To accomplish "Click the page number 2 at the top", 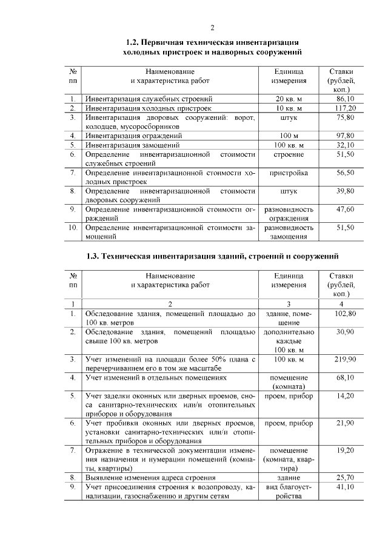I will pyautogui.click(x=212, y=27).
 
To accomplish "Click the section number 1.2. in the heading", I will pyautogui.click(x=133, y=42).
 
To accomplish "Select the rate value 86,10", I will pyautogui.click(x=344, y=98).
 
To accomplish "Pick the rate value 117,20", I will pyautogui.click(x=344, y=108).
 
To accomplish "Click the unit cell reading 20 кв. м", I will pyautogui.click(x=289, y=98).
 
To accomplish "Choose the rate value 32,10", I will pyautogui.click(x=344, y=145).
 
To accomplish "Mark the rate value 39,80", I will pyautogui.click(x=344, y=191).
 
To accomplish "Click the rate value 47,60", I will pyautogui.click(x=344, y=210).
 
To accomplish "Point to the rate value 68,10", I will pyautogui.click(x=344, y=378).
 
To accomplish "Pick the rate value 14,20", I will pyautogui.click(x=344, y=396).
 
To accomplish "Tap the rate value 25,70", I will pyautogui.click(x=344, y=478).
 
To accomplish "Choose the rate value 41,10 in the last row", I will pyautogui.click(x=344, y=487).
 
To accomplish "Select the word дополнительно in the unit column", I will pyautogui.click(x=289, y=332).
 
